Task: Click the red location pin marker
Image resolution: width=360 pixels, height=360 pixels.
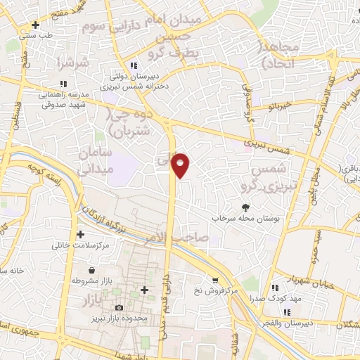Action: [181, 165]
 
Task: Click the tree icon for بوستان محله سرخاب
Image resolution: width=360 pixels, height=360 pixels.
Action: [245, 207]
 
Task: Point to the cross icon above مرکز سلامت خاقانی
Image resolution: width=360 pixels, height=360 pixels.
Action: [80, 234]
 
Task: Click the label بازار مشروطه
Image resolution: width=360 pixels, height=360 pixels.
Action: [93, 280]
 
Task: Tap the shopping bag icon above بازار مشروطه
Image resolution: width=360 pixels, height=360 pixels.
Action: [93, 269]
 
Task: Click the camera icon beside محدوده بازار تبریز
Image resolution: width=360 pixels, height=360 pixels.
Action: [118, 307]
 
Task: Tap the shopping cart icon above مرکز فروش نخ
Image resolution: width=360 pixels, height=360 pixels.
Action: [214, 278]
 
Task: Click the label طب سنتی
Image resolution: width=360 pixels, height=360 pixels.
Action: [38, 34]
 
